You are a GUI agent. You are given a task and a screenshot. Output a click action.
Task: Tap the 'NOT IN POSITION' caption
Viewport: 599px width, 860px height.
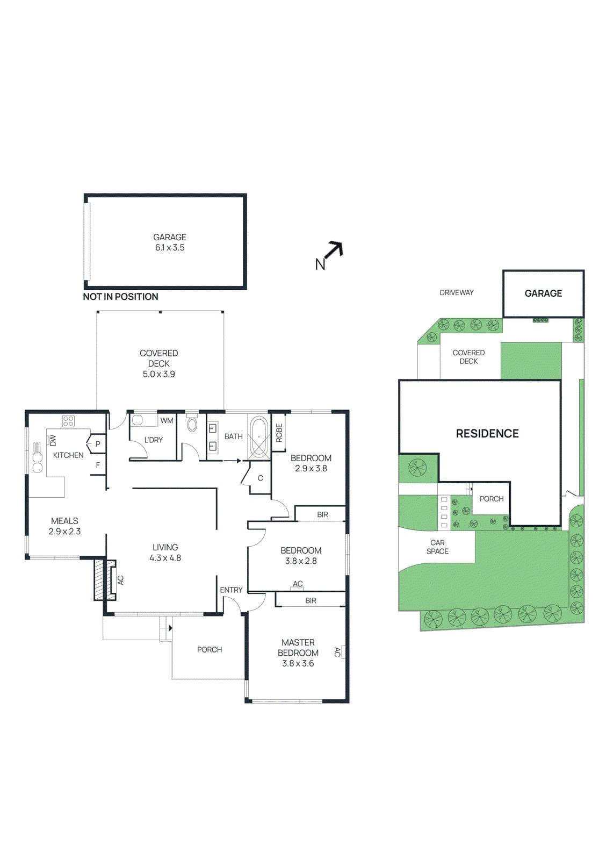click(x=120, y=297)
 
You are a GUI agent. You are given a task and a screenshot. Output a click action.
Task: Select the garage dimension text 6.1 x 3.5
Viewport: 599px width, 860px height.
click(x=170, y=248)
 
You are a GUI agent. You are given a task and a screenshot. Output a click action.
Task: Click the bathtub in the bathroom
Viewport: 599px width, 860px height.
click(x=259, y=436)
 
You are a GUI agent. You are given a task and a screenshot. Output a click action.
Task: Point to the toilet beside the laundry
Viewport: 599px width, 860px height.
click(x=192, y=425)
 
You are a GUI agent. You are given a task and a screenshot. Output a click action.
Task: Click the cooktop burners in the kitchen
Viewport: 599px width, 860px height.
click(x=68, y=421)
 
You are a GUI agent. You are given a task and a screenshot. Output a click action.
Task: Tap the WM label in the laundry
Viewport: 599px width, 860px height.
click(x=167, y=420)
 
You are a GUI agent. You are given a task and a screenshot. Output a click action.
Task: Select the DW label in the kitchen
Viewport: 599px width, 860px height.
click(x=53, y=441)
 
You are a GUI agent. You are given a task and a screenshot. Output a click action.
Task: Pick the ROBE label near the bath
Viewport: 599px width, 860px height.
click(x=279, y=433)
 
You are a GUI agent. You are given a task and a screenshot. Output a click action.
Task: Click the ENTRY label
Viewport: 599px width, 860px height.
click(x=231, y=590)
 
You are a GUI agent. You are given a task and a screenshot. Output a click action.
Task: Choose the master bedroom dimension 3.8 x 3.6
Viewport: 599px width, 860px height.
click(x=298, y=663)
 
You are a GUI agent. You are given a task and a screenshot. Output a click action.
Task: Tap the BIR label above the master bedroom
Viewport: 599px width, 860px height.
click(x=311, y=600)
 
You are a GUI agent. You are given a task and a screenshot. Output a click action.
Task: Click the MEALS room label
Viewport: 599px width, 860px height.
click(x=64, y=521)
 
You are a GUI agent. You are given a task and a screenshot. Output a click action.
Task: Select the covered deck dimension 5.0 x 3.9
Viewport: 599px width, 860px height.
click(x=158, y=374)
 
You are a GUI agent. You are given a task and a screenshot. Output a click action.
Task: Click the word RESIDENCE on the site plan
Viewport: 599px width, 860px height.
click(x=487, y=434)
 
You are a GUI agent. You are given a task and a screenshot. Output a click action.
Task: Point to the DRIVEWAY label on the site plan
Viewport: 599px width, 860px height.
click(x=457, y=293)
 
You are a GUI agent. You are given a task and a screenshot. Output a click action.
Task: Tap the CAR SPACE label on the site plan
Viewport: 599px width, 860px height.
click(x=437, y=547)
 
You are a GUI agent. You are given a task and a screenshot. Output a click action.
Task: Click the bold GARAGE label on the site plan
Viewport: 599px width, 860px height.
click(x=543, y=293)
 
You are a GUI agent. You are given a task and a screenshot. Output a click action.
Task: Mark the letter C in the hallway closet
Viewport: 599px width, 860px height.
click(x=261, y=478)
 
